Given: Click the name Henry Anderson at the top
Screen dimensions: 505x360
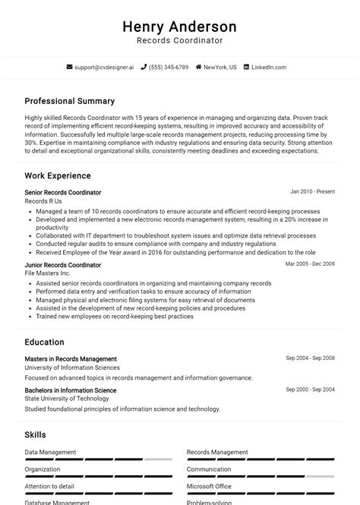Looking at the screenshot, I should pyautogui.click(x=179, y=27).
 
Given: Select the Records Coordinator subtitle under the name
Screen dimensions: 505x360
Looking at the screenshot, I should pyautogui.click(x=179, y=41).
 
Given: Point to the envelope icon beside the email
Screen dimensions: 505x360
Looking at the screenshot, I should pyautogui.click(x=70, y=68).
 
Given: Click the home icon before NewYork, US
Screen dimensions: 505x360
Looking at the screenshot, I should pyautogui.click(x=199, y=68).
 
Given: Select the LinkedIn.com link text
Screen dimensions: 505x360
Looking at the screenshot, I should pyautogui.click(x=269, y=68).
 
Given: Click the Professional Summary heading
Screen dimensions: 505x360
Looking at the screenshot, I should pyautogui.click(x=69, y=101).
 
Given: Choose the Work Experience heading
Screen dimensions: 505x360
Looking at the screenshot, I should pyautogui.click(x=58, y=176).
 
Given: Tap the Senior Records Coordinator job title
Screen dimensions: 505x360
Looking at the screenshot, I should pyautogui.click(x=62, y=193).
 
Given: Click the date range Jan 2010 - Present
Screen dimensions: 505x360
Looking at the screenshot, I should pyautogui.click(x=312, y=192).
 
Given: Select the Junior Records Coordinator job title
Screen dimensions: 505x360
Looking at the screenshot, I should pyautogui.click(x=62, y=265).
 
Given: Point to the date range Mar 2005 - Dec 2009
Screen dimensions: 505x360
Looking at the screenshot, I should pyautogui.click(x=310, y=264).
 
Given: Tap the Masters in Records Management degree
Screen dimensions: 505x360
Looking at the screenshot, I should pyautogui.click(x=71, y=359).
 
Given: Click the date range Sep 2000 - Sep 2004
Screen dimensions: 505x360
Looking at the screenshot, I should pyautogui.click(x=310, y=390).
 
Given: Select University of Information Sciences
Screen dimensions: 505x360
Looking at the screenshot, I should pyautogui.click(x=72, y=368).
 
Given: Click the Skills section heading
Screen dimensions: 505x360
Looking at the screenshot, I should pyautogui.click(x=35, y=435).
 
